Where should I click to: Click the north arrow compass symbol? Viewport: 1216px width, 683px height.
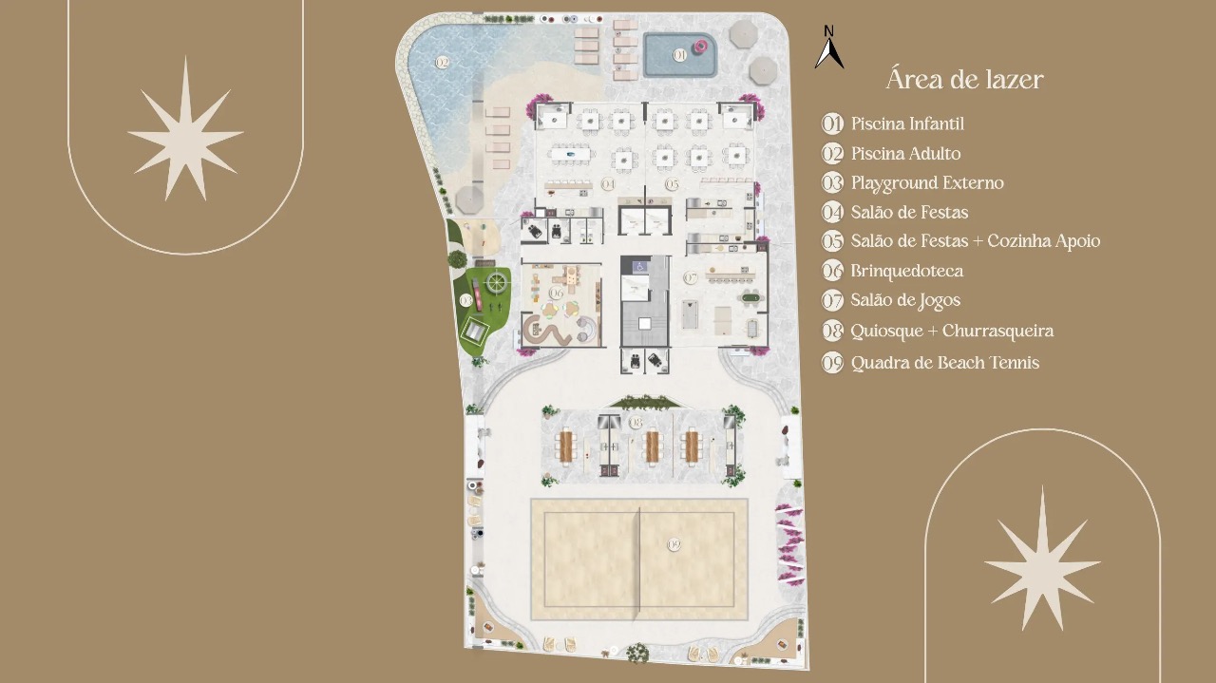pos(828,48)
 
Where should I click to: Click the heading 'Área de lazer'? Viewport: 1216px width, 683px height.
pos(964,80)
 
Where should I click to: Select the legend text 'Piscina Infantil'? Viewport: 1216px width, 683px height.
pos(907,123)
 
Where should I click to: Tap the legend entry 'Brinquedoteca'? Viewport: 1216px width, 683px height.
pos(906,271)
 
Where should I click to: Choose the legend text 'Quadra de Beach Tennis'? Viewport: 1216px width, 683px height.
pos(944,362)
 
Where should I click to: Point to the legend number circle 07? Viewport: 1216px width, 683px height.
pos(833,301)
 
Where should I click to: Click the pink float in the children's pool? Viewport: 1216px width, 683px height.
pos(701,46)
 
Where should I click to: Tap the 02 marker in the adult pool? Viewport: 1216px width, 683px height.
pos(442,62)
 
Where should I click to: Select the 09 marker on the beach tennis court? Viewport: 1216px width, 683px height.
pos(674,544)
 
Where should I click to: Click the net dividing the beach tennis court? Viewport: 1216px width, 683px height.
pos(639,559)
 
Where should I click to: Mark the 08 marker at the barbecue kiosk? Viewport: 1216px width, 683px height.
pos(636,421)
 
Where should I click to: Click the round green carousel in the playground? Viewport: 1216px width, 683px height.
pos(496,281)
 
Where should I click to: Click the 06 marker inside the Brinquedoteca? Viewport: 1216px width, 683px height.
pos(557,294)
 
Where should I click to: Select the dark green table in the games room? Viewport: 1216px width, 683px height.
pos(751,299)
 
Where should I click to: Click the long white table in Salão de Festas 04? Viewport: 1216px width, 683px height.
pos(569,154)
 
